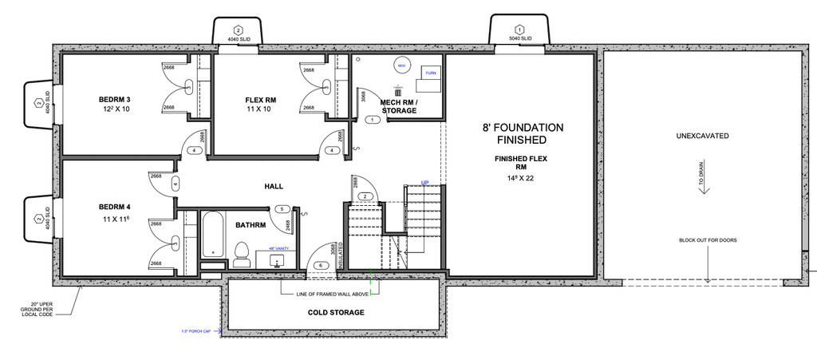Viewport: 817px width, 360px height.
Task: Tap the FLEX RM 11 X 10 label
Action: pyautogui.click(x=259, y=104)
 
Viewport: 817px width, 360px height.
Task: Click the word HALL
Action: pyautogui.click(x=274, y=186)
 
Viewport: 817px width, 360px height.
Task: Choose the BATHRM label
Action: pyautogui.click(x=251, y=225)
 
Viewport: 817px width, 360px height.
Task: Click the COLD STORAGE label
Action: pyautogui.click(x=336, y=312)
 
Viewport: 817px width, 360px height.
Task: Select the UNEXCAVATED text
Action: pyautogui.click(x=702, y=136)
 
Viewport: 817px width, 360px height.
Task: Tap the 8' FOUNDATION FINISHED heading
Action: pyautogui.click(x=523, y=133)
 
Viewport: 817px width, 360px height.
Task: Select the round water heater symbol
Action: pyautogui.click(x=401, y=66)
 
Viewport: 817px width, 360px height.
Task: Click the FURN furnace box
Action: pyautogui.click(x=431, y=73)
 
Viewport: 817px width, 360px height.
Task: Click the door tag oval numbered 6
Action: pyautogui.click(x=321, y=265)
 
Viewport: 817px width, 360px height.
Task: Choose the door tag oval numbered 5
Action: pyautogui.click(x=281, y=209)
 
